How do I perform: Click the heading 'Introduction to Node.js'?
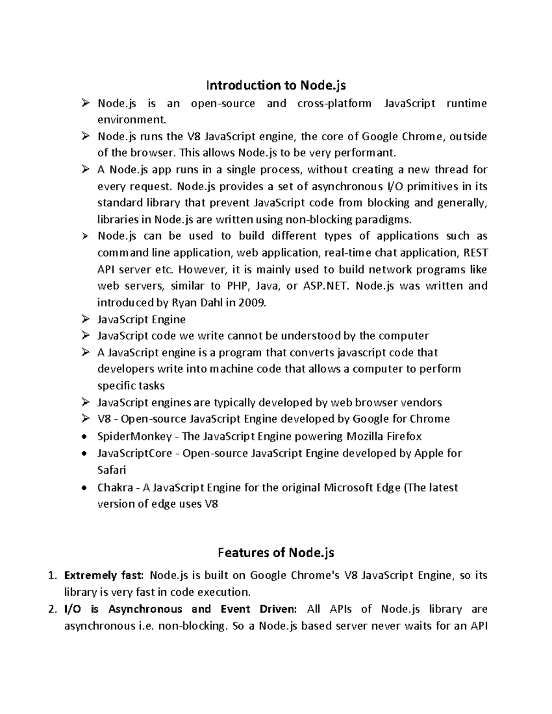(x=276, y=86)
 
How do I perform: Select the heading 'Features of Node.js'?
(x=276, y=552)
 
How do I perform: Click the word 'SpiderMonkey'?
(x=134, y=436)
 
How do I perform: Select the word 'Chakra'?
(x=115, y=487)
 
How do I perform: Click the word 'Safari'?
(x=111, y=470)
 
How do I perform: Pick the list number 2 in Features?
(x=52, y=610)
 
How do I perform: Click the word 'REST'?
(x=476, y=253)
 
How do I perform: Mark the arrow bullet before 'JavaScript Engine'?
(x=85, y=319)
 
